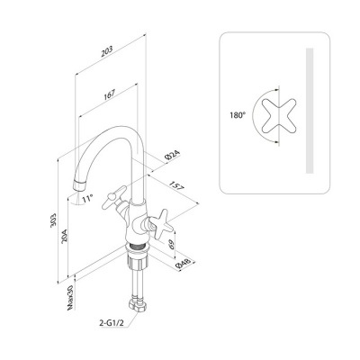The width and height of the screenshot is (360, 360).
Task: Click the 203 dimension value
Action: point(107,51)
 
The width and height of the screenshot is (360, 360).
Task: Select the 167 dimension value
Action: point(109,95)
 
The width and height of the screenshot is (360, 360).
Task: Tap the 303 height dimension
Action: point(54,220)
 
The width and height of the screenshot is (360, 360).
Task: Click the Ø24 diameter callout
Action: point(172,156)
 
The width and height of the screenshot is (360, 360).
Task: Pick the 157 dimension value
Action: point(176,185)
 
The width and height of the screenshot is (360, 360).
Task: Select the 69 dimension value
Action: point(172,244)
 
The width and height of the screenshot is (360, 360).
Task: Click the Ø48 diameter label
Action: point(183,264)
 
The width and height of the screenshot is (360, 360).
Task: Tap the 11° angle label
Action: point(87,198)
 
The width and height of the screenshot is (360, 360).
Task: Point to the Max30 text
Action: point(71,297)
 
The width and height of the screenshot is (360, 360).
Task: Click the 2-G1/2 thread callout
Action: point(112,323)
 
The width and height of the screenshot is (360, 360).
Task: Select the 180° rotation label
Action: point(238,115)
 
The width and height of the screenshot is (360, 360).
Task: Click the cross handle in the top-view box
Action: point(279,115)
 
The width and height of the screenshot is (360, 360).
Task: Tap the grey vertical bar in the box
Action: point(310,111)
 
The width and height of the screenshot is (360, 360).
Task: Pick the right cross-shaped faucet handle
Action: point(161,224)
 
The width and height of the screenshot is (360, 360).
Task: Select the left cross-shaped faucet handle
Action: point(114,197)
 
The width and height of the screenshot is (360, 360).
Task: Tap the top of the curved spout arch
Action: point(120,129)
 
